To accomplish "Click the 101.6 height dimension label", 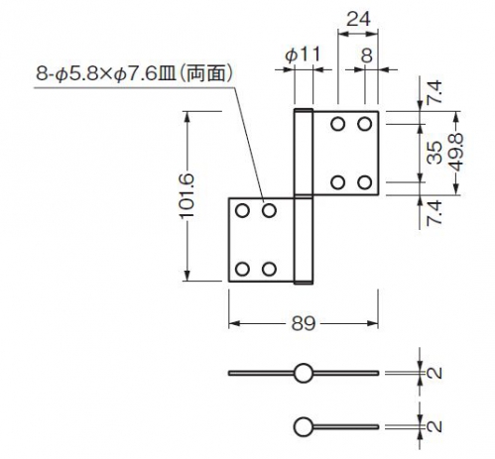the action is [x=186, y=195].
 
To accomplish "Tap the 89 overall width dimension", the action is [x=304, y=323].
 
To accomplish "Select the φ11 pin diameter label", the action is [x=303, y=55].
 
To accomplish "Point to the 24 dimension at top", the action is [x=358, y=19].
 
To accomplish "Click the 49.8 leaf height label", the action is [x=457, y=153].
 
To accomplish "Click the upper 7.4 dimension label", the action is [x=434, y=92].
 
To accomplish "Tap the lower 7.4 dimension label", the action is [x=434, y=213].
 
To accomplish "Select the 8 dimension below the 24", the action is [x=367, y=56].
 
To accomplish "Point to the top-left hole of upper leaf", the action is [x=338, y=124].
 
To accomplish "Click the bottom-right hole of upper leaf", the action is [x=365, y=182].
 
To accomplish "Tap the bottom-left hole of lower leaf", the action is [x=242, y=269].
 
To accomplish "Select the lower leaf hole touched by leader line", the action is [x=269, y=210].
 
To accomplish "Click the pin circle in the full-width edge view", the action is [x=303, y=373].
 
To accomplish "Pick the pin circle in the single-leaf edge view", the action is [x=303, y=426].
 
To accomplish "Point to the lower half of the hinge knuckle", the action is [x=304, y=240].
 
